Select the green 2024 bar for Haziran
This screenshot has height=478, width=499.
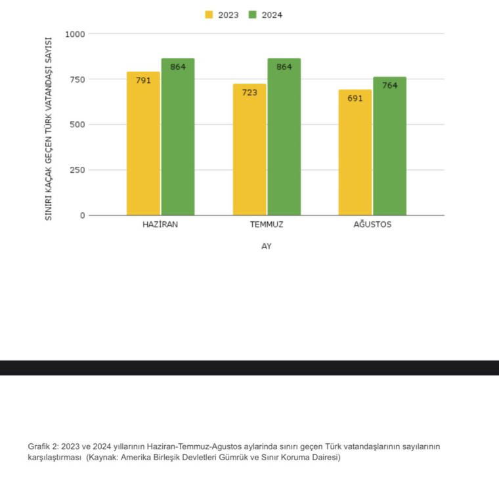178,138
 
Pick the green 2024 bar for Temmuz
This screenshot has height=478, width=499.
284,138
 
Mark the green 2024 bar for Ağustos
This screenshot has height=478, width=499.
390,148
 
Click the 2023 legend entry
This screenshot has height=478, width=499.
221,14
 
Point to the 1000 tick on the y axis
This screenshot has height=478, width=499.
75,33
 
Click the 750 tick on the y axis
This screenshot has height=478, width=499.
77,79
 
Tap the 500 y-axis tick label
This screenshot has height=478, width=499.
77,125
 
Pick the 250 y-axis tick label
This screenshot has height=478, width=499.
77,170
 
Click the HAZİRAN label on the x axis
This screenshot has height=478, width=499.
160,225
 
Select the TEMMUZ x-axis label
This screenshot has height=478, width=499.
267,225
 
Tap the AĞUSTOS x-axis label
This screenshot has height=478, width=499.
372,225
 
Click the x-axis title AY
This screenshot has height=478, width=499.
266,246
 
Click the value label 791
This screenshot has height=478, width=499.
143,80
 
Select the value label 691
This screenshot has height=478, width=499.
355,98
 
